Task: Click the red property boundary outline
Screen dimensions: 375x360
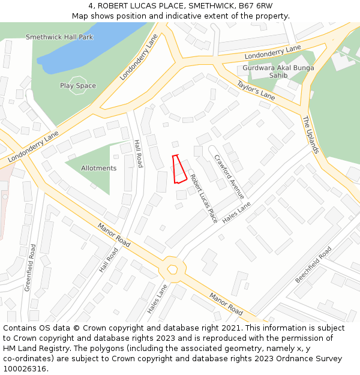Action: pos(179,169)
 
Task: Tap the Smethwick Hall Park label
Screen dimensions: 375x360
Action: pos(59,37)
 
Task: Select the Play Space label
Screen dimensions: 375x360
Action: pos(78,86)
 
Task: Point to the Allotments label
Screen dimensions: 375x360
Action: pos(98,168)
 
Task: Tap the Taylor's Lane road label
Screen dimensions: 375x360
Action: pos(256,89)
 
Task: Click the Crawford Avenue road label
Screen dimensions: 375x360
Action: pos(229,176)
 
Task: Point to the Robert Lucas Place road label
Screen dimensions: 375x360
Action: pos(204,199)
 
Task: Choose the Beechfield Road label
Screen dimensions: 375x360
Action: pos(313,265)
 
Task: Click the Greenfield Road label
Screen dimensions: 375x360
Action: pos(31,268)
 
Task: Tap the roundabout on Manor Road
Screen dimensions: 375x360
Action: pos(173,269)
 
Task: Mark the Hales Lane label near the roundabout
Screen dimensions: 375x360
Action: pos(157,299)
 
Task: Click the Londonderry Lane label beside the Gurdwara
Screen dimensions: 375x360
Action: pos(272,52)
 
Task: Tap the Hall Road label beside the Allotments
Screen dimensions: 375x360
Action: pos(139,153)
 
